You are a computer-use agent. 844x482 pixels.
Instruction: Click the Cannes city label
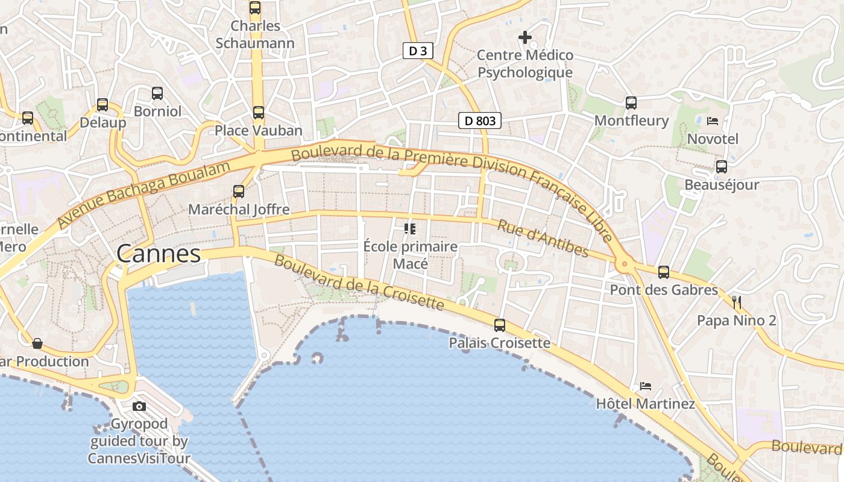(159, 254)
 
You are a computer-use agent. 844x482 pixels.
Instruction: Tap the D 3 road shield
(418, 51)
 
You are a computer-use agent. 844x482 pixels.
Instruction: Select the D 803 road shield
(480, 121)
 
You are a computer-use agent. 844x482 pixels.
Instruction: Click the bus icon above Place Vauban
(259, 112)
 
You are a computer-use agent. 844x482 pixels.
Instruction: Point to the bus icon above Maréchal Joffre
(239, 192)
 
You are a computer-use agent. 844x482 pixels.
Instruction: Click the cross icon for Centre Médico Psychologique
(525, 37)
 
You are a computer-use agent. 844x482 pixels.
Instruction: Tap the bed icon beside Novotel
(713, 120)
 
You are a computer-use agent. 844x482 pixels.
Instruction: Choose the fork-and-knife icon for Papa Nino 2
(737, 302)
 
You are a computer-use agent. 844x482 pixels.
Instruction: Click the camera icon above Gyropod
(139, 406)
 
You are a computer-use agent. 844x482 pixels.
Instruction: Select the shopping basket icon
(37, 343)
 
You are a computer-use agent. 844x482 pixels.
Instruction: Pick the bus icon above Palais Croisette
(500, 325)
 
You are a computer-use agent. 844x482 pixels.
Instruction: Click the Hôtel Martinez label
(645, 404)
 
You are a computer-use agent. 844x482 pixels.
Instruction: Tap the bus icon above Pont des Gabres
(664, 272)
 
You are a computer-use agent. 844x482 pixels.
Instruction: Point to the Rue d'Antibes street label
(543, 238)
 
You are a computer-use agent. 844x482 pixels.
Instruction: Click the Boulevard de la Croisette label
(359, 283)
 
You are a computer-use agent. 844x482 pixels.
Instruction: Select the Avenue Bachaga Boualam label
(144, 195)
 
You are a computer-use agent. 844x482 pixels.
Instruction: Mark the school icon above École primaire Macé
(410, 228)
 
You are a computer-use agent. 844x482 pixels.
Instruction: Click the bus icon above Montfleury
(631, 102)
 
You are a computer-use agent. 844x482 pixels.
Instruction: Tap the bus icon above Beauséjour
(722, 167)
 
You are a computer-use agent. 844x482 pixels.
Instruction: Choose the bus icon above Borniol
(157, 93)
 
